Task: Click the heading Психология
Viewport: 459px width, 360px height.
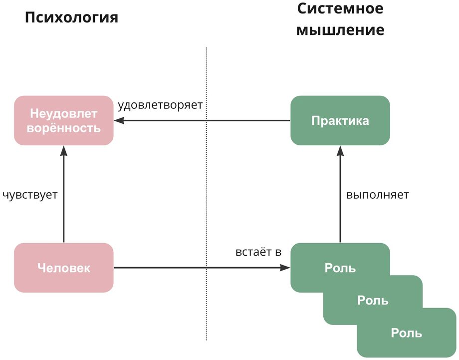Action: coord(72,18)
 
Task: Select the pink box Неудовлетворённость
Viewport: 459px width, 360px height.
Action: coord(63,120)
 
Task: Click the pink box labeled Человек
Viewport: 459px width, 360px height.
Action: coord(63,268)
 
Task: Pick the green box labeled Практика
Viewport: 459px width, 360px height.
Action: coord(340,120)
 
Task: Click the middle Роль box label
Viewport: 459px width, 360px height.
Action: coord(373,300)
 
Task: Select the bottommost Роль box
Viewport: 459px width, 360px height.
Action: coord(407,333)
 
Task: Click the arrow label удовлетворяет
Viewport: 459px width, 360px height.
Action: coord(160,105)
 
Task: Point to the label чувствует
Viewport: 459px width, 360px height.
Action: coord(30,195)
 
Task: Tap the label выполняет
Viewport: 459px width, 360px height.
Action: coord(378,195)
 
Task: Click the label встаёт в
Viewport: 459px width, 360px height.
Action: coord(258,252)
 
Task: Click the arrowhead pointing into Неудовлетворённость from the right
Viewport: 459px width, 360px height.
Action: coord(118,120)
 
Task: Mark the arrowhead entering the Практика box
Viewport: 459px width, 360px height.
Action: coord(340,149)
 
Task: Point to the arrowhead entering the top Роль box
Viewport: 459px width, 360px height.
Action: coord(286,268)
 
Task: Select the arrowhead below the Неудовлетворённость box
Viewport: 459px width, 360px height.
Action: coord(63,149)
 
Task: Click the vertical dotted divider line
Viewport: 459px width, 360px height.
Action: coord(207,200)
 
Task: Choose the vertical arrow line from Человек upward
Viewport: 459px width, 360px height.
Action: coord(63,200)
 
